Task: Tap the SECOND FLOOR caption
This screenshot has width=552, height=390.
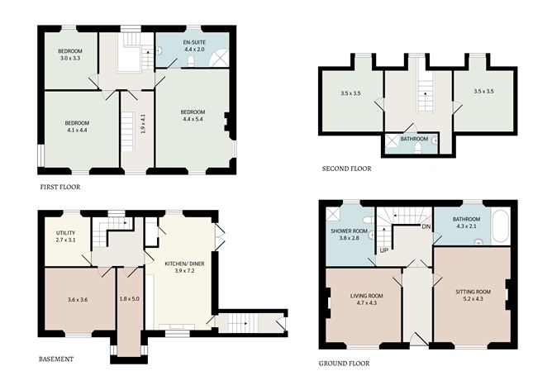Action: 346,169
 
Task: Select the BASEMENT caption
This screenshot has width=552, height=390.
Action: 56,359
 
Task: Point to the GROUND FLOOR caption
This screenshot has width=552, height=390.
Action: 344,363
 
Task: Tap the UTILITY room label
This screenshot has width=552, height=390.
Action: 65,234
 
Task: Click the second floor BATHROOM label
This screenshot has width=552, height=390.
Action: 414,140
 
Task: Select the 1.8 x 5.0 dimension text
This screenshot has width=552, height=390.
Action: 130,299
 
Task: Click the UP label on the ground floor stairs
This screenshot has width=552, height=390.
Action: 383,250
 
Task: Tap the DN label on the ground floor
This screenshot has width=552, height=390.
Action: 426,226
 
